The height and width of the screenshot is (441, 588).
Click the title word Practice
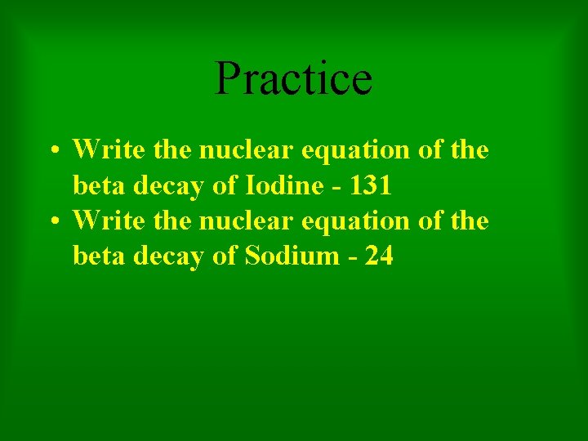click(x=293, y=78)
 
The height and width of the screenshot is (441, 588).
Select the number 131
click(x=370, y=186)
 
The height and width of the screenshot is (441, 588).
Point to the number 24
click(x=380, y=256)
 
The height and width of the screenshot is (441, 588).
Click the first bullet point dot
click(x=52, y=152)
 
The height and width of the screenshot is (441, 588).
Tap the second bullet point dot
click(x=52, y=222)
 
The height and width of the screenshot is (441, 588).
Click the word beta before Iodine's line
click(x=96, y=186)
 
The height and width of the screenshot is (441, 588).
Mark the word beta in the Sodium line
click(x=96, y=256)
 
